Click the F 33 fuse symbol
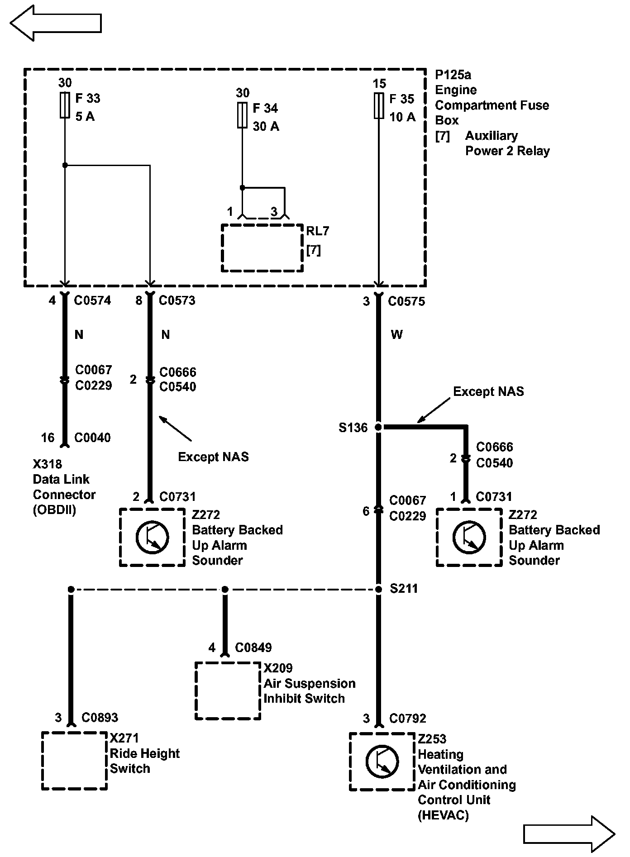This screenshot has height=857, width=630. click(x=65, y=105)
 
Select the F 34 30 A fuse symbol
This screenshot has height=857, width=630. click(x=242, y=115)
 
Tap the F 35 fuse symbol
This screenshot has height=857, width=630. click(x=379, y=106)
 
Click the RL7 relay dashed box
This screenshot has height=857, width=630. click(x=262, y=248)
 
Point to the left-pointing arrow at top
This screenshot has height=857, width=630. click(x=55, y=23)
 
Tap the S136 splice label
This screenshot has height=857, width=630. click(x=353, y=428)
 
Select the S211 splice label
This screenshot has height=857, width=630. click(x=404, y=589)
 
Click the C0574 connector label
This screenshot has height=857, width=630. click(x=92, y=300)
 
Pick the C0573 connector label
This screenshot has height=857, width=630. click(x=177, y=300)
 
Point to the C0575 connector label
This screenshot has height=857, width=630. click(x=406, y=301)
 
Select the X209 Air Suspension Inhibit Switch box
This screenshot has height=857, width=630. click(x=228, y=690)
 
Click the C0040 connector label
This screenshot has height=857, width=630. click(x=92, y=438)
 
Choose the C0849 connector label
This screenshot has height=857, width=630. click(x=253, y=648)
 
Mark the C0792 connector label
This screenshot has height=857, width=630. click(x=407, y=719)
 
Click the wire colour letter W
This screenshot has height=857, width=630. click(x=396, y=335)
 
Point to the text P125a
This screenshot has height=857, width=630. click(x=453, y=75)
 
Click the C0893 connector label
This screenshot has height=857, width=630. click(x=100, y=718)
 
